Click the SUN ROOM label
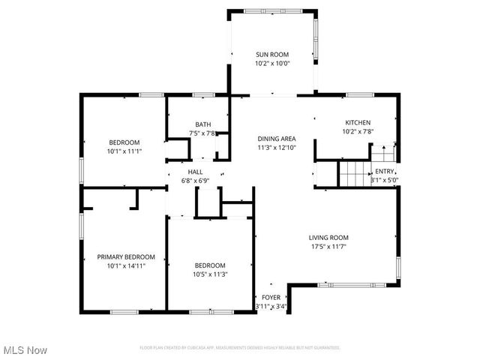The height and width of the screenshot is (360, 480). click(273, 55)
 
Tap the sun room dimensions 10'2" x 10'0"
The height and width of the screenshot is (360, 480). click(273, 64)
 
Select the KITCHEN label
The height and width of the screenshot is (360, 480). click(357, 122)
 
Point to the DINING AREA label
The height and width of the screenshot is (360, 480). click(276, 139)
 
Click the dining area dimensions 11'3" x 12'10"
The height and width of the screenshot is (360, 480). click(276, 148)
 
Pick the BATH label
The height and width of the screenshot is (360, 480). click(202, 124)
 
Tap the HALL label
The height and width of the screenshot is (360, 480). click(195, 172)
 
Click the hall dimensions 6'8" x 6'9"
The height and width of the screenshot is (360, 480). click(195, 181)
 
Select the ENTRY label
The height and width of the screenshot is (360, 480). click(384, 171)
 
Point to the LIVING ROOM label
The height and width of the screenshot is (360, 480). click(328, 237)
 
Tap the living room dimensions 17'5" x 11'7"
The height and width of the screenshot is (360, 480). click(328, 246)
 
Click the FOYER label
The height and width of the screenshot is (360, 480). click(271, 298)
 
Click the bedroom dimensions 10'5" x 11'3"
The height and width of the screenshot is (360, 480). click(210, 274)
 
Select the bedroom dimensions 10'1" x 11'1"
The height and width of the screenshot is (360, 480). click(124, 151)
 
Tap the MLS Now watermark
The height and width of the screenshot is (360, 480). click(25, 350)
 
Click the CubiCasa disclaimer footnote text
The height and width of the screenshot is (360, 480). click(240, 348)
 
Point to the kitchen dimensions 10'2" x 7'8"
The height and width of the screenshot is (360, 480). click(357, 131)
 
